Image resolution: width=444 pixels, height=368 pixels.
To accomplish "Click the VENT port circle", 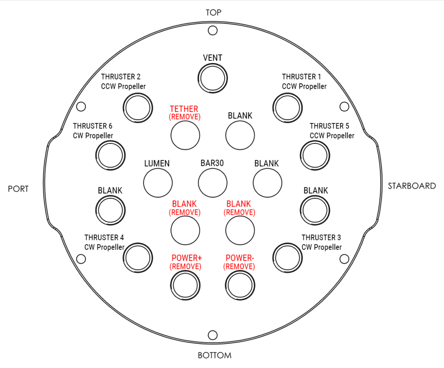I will click(x=213, y=78).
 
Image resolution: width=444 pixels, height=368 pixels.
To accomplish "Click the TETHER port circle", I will click(x=185, y=135).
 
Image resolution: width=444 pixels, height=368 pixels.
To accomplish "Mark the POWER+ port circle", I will click(x=185, y=286).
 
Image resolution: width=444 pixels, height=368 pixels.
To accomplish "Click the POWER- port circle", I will click(x=240, y=286).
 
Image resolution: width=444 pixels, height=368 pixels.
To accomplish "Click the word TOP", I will click(x=213, y=13).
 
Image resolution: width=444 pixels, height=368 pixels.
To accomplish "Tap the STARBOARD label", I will click(x=411, y=186).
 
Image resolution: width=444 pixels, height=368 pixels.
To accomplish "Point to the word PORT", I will click(x=18, y=189).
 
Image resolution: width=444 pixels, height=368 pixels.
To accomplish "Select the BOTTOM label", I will click(x=215, y=355).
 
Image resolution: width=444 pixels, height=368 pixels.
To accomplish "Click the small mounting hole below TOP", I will click(x=213, y=30).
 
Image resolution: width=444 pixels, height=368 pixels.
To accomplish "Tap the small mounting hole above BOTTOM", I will click(x=213, y=335).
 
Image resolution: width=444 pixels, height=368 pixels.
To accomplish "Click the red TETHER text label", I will click(x=184, y=109).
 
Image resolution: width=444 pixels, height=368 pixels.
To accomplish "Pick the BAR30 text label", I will click(x=212, y=163).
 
